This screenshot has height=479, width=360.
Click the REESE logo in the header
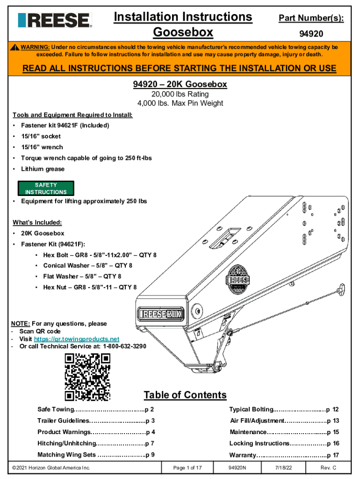55,20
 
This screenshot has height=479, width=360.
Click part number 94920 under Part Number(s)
311,34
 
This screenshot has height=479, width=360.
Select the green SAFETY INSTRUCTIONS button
46,189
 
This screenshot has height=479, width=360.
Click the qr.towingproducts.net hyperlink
77,339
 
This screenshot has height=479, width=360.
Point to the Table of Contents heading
185,395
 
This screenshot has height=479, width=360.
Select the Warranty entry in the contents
284,455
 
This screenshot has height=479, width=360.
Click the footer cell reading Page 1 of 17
187,468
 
